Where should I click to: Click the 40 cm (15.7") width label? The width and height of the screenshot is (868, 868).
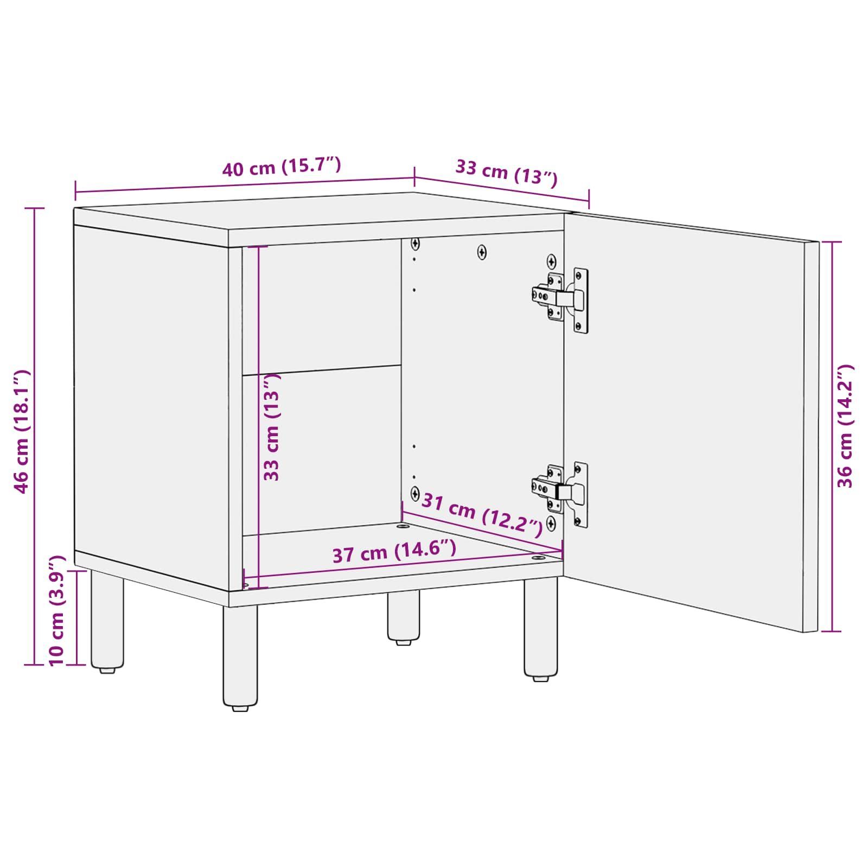pos(282,165)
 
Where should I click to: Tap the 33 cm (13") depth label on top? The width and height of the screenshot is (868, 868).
pos(506,172)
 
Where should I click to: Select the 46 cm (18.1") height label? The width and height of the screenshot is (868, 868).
pos(21,432)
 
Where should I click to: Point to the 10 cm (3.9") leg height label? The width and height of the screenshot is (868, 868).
pos(57,610)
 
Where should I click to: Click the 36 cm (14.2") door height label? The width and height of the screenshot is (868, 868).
pos(845,426)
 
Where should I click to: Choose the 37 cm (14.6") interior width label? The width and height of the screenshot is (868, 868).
pos(394,552)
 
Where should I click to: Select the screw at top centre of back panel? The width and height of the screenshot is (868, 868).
pos(482,252)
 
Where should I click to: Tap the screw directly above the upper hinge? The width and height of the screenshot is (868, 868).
pos(551,262)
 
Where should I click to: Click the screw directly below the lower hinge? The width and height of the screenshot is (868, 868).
pos(551,524)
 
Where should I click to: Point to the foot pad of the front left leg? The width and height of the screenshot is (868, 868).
pos(239,708)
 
